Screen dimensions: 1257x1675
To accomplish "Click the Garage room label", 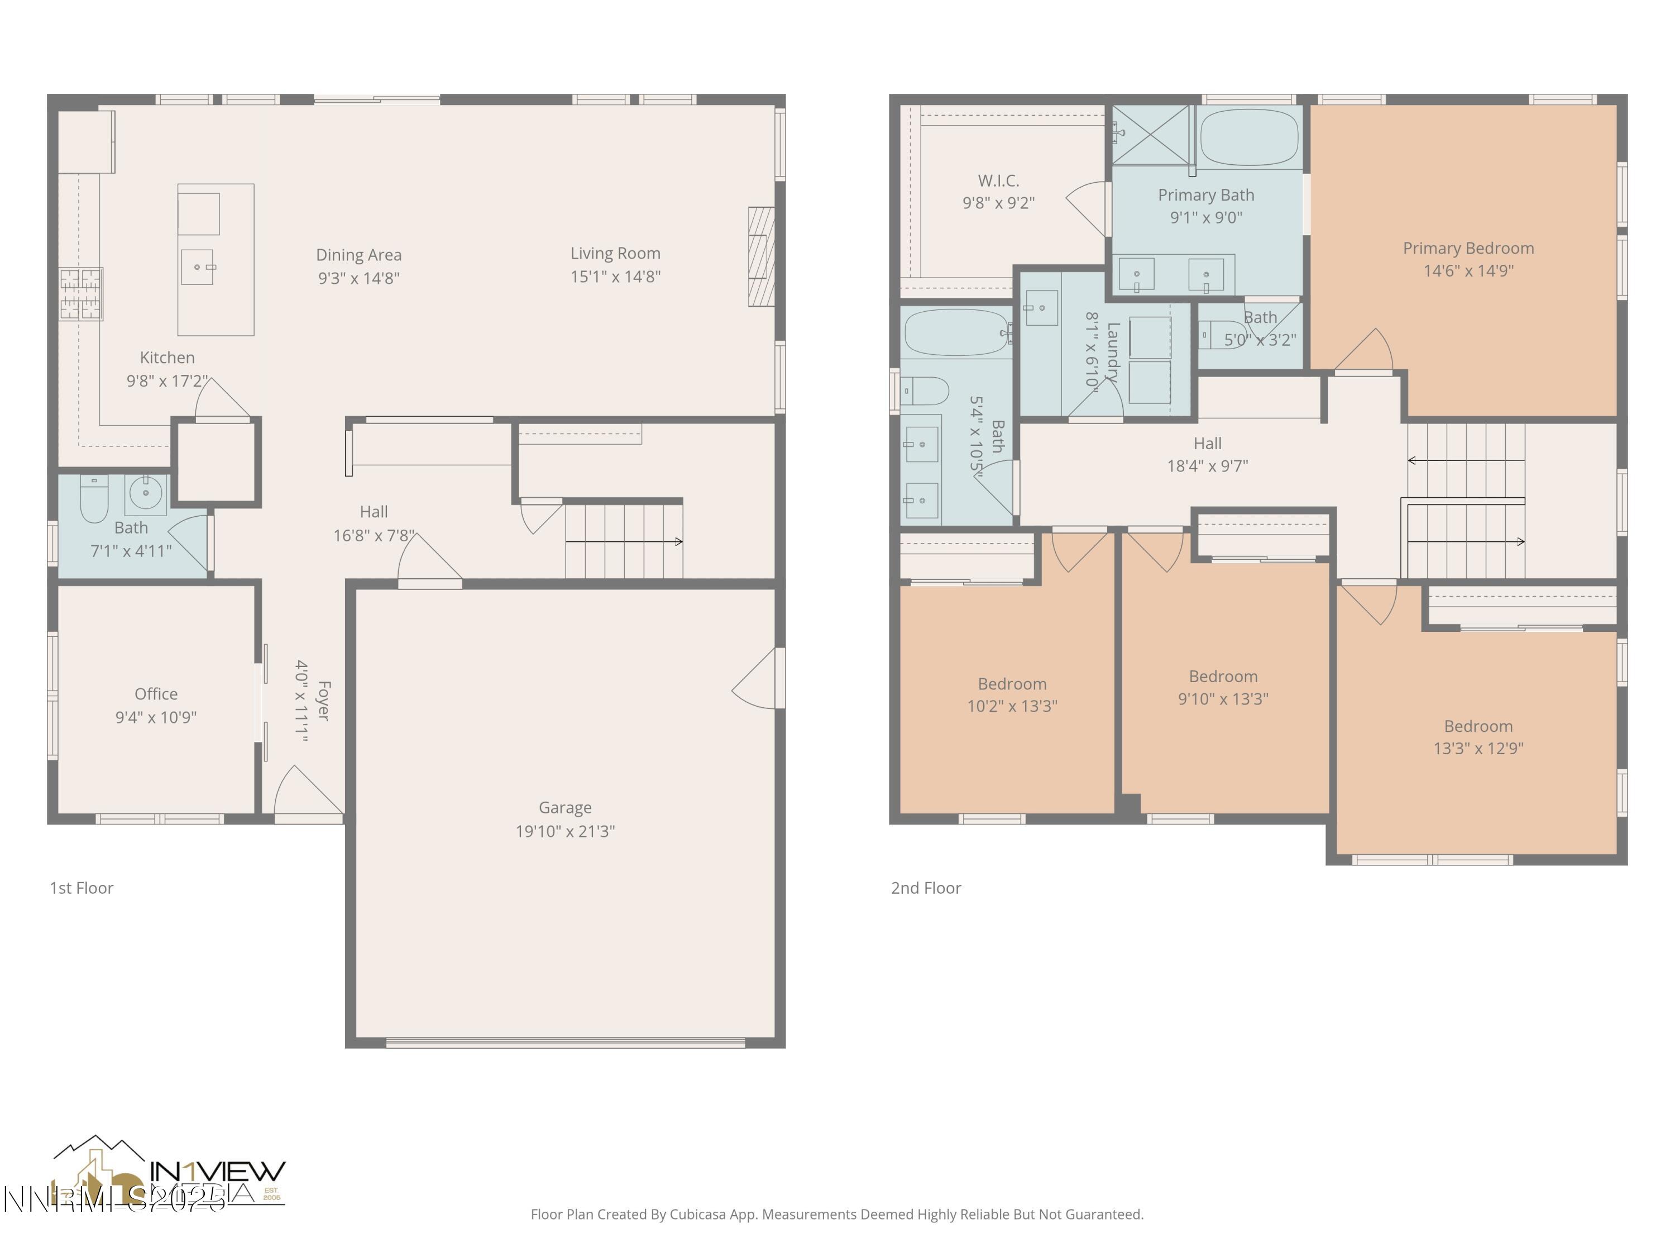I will [x=565, y=808].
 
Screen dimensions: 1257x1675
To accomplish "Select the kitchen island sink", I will [x=197, y=266].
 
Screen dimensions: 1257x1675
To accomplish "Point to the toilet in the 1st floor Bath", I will [x=94, y=500].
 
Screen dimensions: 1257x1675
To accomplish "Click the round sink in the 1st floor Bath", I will [x=145, y=493].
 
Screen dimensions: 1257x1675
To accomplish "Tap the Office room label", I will [x=156, y=694].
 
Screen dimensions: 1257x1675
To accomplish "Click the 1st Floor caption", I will [x=81, y=888].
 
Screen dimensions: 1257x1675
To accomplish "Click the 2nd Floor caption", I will [x=925, y=888].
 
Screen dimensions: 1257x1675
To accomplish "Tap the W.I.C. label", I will [x=998, y=181].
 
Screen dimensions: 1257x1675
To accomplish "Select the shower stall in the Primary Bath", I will [x=1150, y=135].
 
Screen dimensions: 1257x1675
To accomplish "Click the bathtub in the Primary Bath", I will [x=1250, y=137].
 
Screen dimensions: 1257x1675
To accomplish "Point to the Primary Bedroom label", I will [x=1467, y=249].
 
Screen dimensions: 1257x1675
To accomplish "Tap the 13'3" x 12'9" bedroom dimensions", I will [x=1477, y=749].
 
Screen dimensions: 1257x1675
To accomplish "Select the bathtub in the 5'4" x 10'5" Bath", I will [x=956, y=332].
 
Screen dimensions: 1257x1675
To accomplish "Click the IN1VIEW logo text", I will [x=217, y=1172].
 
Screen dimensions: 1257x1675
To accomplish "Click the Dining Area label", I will [x=358, y=255].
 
